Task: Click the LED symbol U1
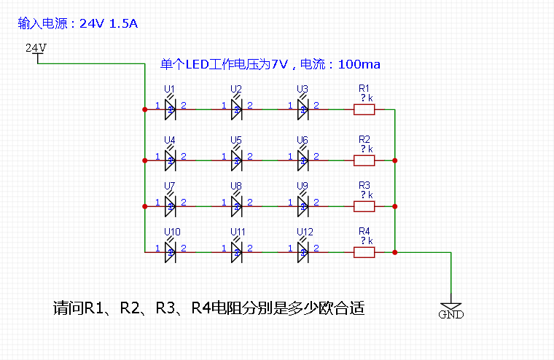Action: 170,109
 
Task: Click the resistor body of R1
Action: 364,110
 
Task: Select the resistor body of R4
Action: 364,252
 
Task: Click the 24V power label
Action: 36,48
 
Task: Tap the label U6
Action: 303,140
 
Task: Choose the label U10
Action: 171,232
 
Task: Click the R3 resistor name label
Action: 364,186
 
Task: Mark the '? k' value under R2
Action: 366,149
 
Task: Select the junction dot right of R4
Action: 394,252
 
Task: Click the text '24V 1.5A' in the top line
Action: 109,23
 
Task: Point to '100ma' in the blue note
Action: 359,65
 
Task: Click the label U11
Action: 238,232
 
